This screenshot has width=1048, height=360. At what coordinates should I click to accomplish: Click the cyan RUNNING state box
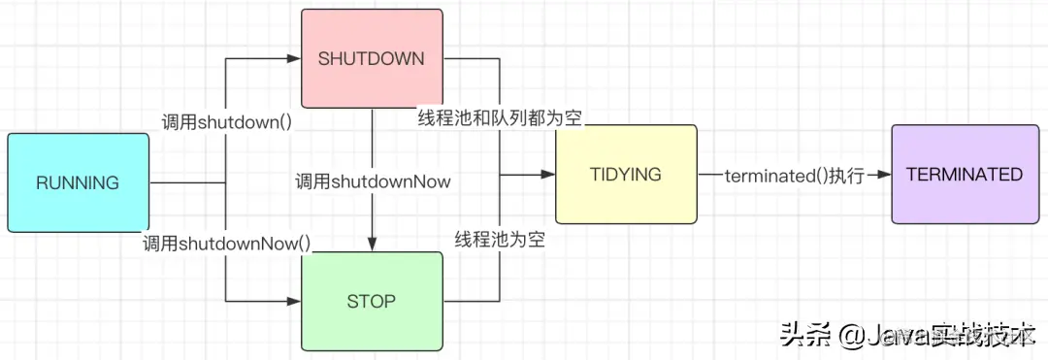click(x=79, y=182)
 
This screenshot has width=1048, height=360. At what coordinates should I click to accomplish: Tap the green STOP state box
click(x=372, y=301)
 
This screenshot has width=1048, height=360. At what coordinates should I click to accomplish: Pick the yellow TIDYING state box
click(x=626, y=175)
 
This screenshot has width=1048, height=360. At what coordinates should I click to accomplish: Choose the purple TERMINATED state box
click(x=964, y=175)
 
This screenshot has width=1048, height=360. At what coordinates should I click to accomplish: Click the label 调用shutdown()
click(x=226, y=122)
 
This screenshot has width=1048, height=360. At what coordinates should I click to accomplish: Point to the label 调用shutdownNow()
click(x=226, y=243)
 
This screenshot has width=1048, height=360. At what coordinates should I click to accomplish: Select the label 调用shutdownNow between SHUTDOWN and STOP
click(x=373, y=180)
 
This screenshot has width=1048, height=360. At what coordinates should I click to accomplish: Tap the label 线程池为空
click(x=499, y=239)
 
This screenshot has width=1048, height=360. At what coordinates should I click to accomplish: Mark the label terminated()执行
click(x=794, y=176)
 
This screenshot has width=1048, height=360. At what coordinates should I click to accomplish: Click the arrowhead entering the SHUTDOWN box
click(x=294, y=59)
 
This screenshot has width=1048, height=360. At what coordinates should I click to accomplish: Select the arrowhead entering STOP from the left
click(x=294, y=301)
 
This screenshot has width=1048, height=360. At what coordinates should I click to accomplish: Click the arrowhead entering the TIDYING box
click(x=548, y=175)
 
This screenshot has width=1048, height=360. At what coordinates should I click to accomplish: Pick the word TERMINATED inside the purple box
click(x=964, y=175)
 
